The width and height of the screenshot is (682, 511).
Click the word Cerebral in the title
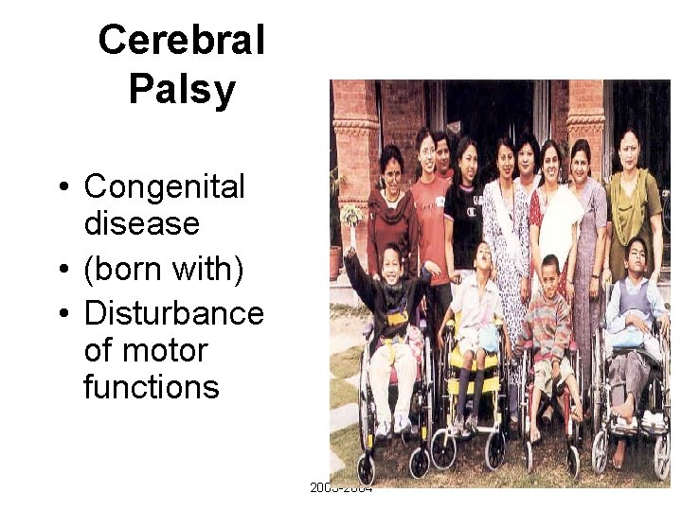pos(181,41)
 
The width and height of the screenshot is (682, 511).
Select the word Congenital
pos(164,186)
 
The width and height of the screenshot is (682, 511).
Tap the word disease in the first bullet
pos(141,223)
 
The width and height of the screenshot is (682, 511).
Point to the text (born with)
pos(164,271)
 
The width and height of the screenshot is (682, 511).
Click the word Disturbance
pos(173,313)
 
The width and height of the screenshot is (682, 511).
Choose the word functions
pos(151,386)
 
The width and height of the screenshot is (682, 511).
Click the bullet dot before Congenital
pos(62,187)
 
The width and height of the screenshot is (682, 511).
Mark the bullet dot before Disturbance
pos(62,314)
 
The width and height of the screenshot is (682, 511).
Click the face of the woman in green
pos(628,149)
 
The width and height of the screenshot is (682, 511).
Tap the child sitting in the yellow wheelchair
pos(476,312)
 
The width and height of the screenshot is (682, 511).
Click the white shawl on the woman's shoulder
pos(559,213)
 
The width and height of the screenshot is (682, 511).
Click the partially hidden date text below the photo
pos(341,488)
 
